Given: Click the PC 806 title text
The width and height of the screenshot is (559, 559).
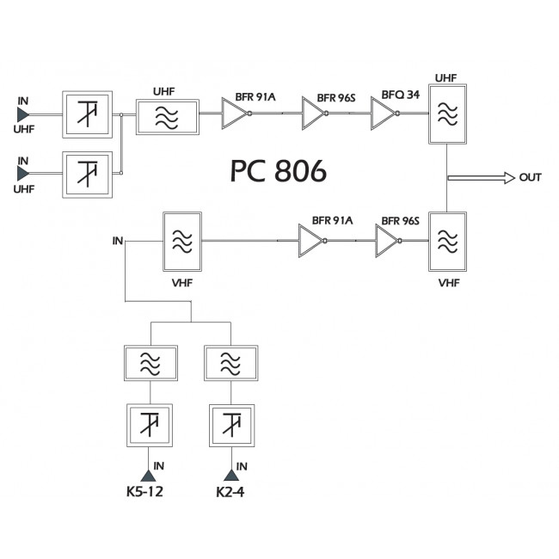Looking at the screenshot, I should [278, 172].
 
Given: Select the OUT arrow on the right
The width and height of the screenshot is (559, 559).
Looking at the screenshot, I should [481, 177].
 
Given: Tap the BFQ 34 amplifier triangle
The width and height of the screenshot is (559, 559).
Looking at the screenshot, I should [382, 113].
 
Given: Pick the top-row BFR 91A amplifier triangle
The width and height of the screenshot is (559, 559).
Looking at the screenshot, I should [234, 113].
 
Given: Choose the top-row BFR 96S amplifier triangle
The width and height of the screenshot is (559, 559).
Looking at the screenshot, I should [313, 113].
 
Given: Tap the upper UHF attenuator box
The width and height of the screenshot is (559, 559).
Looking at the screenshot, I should [88, 114].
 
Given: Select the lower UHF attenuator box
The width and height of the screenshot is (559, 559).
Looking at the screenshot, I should [88, 174].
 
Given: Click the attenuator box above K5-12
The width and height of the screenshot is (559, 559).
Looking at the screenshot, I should [151, 423].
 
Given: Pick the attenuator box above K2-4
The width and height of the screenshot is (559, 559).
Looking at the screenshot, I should [230, 423].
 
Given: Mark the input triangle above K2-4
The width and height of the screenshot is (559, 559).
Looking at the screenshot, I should [230, 475].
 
